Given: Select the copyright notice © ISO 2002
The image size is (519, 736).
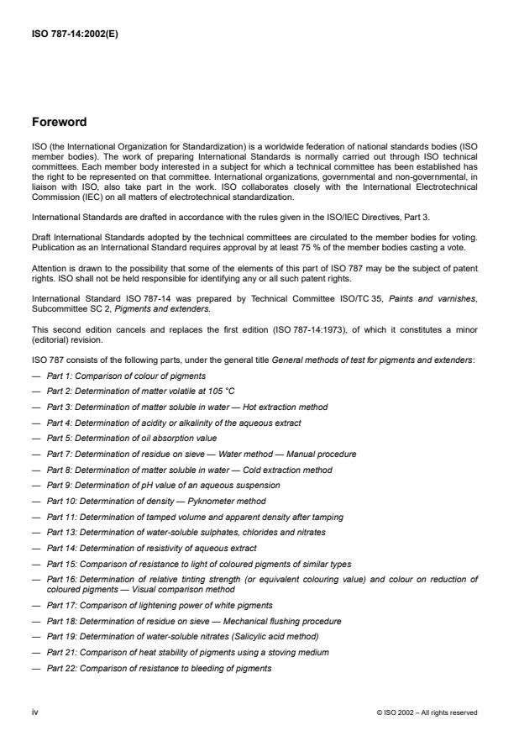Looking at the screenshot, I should (427, 712).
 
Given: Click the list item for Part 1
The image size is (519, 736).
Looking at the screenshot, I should (126, 376).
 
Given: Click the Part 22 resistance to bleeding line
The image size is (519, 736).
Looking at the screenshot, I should (160, 668).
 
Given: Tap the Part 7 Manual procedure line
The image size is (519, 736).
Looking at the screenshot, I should (202, 454).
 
